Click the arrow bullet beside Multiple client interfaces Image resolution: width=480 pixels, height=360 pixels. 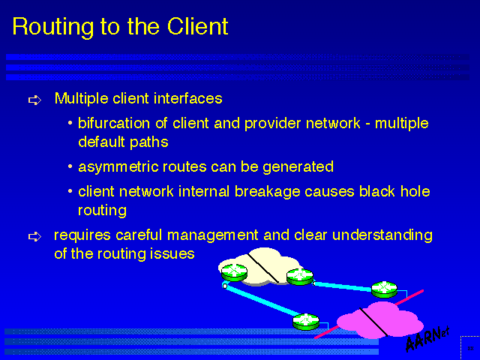click(34, 100)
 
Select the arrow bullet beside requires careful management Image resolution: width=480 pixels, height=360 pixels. click(34, 237)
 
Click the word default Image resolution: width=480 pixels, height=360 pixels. click(101, 141)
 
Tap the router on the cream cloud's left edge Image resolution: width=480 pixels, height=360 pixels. click(232, 270)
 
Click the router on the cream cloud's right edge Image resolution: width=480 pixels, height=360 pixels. click(299, 276)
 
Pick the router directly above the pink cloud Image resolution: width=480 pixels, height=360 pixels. click(383, 289)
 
